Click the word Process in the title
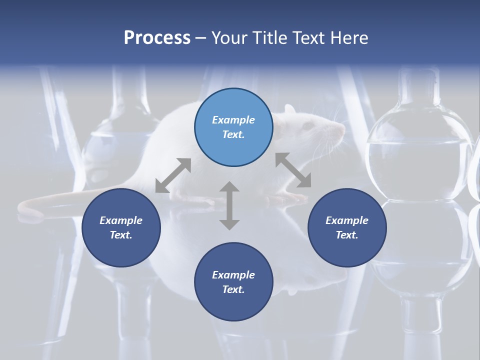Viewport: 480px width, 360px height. point(157,38)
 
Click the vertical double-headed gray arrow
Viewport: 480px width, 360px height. point(229,205)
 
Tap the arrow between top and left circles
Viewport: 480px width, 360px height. point(173,175)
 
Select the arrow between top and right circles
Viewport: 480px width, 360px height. point(293,170)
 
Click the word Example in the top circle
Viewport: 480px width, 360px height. point(233,120)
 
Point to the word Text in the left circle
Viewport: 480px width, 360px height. point(120,235)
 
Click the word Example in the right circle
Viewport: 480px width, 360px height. point(347,220)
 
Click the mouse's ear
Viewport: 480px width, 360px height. point(289,109)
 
